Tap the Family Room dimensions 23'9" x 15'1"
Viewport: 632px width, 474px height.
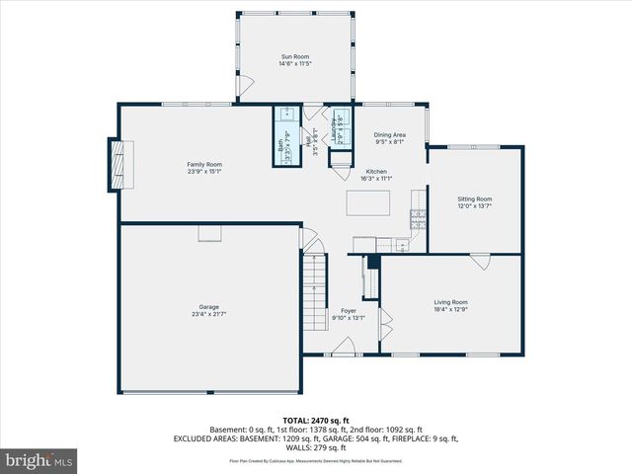coord(204,171)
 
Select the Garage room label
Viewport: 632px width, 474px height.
coord(204,307)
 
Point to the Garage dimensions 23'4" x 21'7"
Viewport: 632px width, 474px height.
coord(204,314)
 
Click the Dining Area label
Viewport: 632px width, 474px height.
coord(389,134)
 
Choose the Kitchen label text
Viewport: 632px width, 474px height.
coord(376,171)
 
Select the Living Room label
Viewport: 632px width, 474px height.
coord(450,301)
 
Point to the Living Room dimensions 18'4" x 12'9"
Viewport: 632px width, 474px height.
coord(450,309)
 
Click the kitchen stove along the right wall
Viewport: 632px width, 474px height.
coord(418,220)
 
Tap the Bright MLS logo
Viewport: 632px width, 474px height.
coord(39,460)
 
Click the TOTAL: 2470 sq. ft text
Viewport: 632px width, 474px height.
coord(316,420)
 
